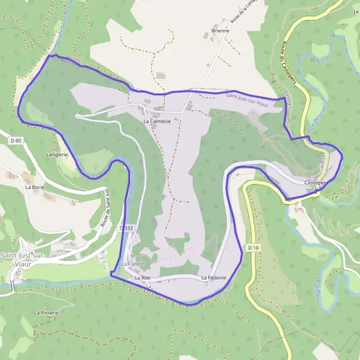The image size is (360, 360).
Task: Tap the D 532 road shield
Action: pos(125,228)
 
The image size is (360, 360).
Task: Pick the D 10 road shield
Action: pos(253,247)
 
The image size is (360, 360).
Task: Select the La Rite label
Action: pos(142,278)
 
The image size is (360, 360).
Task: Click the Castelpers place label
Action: pos(316,182)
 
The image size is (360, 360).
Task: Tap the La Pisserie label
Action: pos(46,313)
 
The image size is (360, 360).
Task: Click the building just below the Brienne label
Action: pos(208,37)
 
